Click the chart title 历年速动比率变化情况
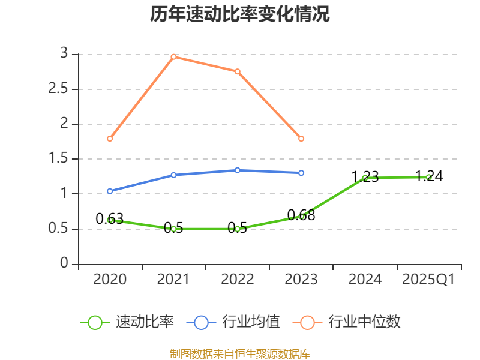coord(240,14)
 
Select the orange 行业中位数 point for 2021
coord(173,56)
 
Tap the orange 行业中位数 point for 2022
coord(238,71)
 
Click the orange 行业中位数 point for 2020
coord(110,139)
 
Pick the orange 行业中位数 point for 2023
coord(301,139)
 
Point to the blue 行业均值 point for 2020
coord(110,191)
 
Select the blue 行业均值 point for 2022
coord(238,170)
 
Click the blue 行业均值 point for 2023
coord(301,173)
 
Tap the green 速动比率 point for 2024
coord(365,178)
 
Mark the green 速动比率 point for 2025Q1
coord(428,177)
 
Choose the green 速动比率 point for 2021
coord(173,229)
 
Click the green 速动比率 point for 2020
coord(110,220)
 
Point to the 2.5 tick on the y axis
coord(63,89)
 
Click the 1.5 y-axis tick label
coord(63,158)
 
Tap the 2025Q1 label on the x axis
coord(428,280)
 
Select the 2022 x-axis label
coord(238,280)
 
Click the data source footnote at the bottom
coord(240,353)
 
